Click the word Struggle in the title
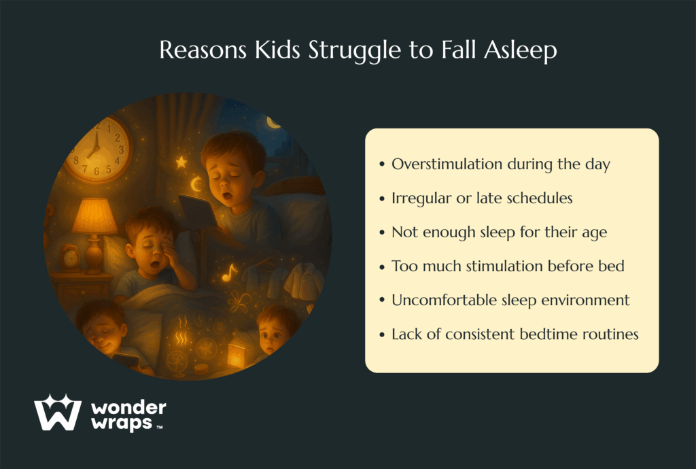(x=355, y=50)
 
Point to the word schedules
(x=539, y=198)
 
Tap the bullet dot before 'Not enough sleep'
(x=382, y=232)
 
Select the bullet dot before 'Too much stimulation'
(x=382, y=266)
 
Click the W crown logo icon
(x=58, y=412)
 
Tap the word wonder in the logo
(x=128, y=408)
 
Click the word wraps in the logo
(x=122, y=423)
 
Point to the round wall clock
(x=99, y=149)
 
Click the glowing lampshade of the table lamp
(x=94, y=216)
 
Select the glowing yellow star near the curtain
(x=181, y=162)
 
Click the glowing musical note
(x=230, y=273)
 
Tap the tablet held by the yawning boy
(x=198, y=211)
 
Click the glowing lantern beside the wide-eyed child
(x=236, y=356)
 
